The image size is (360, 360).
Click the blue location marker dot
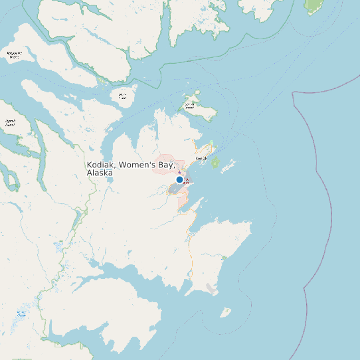[179, 179]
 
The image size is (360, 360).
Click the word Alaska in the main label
[100, 173]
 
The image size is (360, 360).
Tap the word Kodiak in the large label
[101, 165]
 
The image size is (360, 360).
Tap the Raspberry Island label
[14, 54]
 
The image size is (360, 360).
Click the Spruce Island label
[191, 105]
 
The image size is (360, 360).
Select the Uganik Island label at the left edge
[10, 122]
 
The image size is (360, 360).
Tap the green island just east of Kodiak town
[215, 161]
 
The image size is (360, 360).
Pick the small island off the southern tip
[226, 312]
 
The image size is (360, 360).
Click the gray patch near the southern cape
[211, 288]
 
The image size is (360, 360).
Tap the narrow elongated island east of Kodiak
[229, 164]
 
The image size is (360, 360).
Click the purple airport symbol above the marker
[179, 171]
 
